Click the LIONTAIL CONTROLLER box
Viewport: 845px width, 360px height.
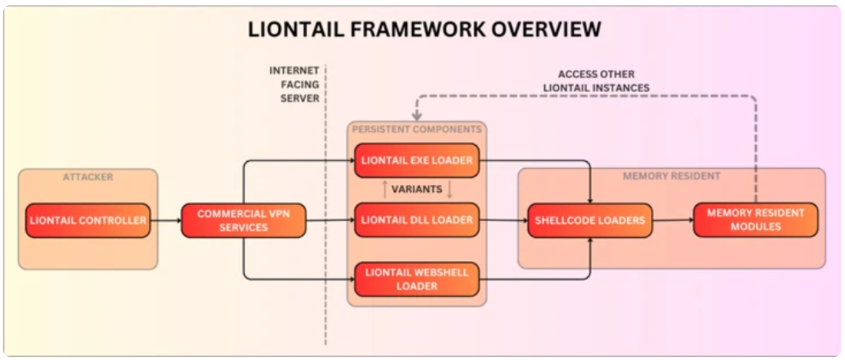coord(87,220)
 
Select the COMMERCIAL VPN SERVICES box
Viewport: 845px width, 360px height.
coord(243,220)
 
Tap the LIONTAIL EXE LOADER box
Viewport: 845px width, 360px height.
coord(417,160)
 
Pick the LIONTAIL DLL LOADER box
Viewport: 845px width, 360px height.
coord(417,220)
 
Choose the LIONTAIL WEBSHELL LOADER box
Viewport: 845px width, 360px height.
coord(417,279)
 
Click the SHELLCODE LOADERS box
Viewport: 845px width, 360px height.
coord(590,220)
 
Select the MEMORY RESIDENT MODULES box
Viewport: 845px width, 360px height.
coord(756,220)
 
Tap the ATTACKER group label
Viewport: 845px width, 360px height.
coord(87,177)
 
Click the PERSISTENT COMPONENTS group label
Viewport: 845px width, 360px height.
coord(417,130)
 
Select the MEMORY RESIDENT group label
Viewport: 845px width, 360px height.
coord(672,176)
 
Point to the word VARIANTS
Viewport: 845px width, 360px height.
coord(417,190)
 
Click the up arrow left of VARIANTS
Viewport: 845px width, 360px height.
coord(385,190)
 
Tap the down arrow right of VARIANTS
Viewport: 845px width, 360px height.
coord(450,190)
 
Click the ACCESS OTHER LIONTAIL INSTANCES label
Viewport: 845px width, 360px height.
coord(596,81)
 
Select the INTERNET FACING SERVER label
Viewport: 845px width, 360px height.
coord(294,84)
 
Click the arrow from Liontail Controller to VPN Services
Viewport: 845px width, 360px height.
coord(166,220)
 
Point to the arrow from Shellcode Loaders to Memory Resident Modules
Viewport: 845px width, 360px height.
coord(673,220)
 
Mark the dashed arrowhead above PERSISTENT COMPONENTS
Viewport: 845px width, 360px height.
coord(417,116)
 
